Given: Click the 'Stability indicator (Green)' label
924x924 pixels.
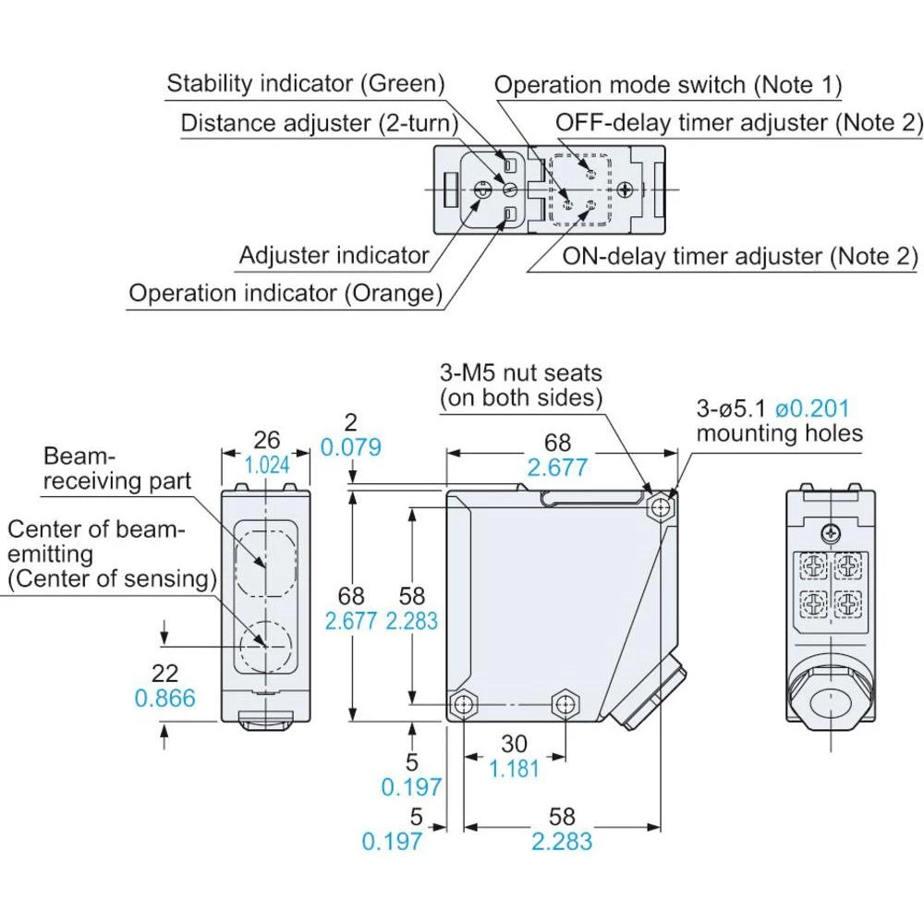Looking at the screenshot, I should [305, 83].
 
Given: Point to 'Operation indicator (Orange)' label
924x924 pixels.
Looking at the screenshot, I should [285, 294].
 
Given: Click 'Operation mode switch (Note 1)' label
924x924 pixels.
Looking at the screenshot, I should [667, 85].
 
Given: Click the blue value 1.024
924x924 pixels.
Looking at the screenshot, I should [267, 465].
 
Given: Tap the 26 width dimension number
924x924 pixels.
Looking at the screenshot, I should [267, 441].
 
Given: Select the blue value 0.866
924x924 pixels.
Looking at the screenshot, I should [165, 698].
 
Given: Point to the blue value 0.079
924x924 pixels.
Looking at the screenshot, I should [350, 448].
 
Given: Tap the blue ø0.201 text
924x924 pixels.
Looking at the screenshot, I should [811, 408].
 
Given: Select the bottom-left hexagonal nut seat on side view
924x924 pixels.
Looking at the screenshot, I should [462, 705].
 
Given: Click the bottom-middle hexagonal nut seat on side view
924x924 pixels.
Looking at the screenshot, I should [563, 705].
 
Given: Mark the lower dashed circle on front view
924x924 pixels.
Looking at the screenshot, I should [266, 644].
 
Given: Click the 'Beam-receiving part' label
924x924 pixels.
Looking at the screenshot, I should [117, 468].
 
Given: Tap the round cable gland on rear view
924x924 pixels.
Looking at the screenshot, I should [830, 703].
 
